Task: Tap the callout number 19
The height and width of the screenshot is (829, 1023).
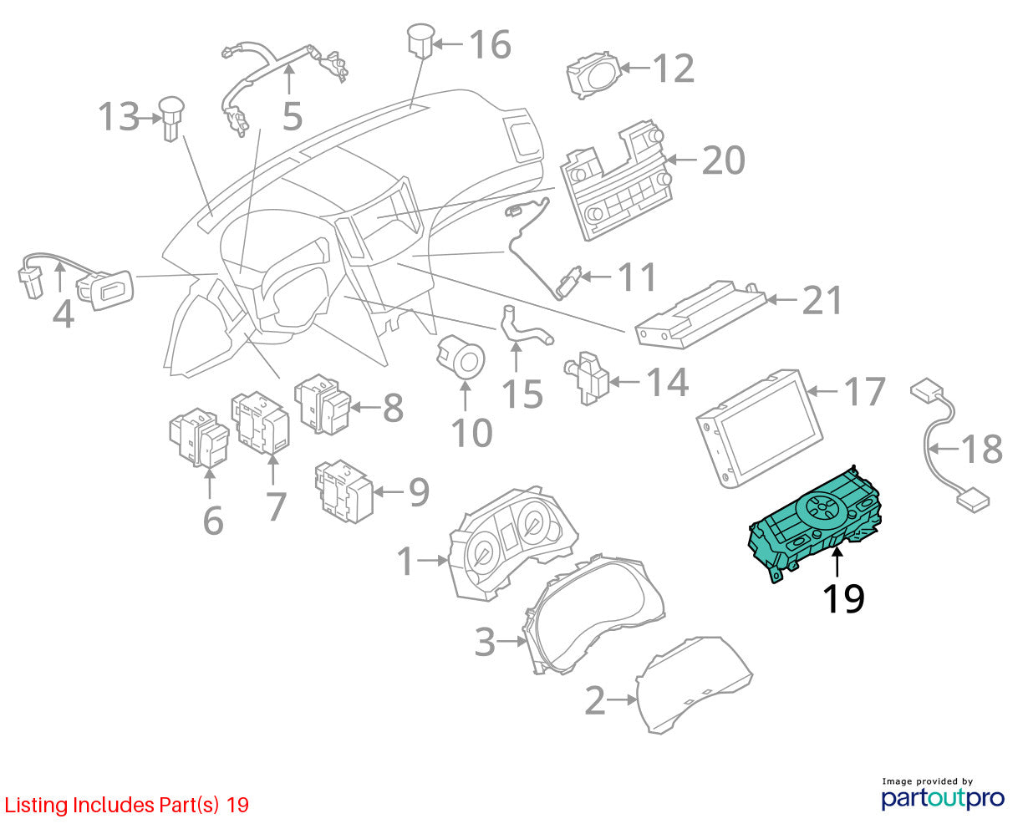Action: click(x=843, y=598)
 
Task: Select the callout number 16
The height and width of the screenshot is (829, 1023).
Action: click(x=490, y=44)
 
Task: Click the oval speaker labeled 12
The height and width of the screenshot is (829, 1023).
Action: click(x=593, y=74)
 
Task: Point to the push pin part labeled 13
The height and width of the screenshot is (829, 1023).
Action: click(x=171, y=119)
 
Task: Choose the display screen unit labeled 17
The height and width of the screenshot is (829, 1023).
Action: click(x=759, y=428)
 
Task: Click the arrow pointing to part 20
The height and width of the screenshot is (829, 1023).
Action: click(x=681, y=159)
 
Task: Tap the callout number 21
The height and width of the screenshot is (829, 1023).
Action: click(x=822, y=300)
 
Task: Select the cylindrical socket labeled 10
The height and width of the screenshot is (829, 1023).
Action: click(x=460, y=358)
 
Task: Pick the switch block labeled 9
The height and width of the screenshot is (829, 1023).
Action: click(x=344, y=491)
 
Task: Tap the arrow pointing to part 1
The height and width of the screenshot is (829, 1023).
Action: click(x=432, y=560)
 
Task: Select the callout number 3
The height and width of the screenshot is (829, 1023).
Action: click(x=484, y=642)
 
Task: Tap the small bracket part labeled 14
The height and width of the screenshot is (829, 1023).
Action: click(x=587, y=378)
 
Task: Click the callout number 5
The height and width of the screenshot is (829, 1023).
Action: click(x=292, y=116)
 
